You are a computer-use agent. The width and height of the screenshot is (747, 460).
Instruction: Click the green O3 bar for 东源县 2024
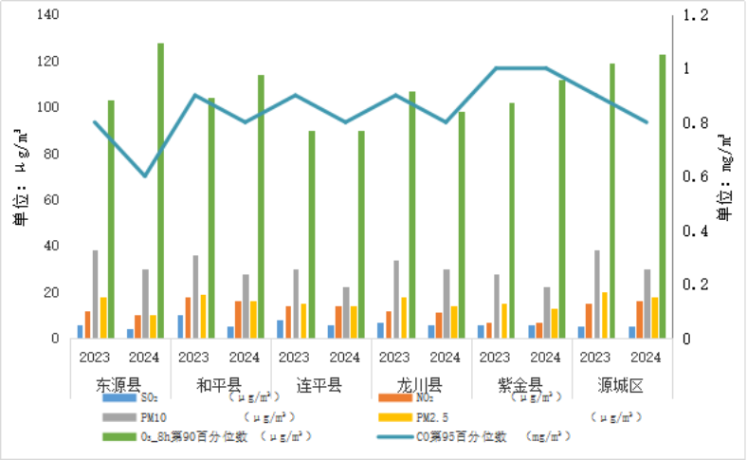(160, 190)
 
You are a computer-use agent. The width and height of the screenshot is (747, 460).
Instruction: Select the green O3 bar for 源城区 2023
(612, 200)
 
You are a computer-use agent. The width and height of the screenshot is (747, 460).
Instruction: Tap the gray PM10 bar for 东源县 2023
(95, 294)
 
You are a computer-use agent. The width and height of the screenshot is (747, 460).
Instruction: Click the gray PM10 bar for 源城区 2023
(596, 294)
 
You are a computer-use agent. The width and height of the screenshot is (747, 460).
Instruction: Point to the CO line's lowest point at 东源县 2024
(145, 176)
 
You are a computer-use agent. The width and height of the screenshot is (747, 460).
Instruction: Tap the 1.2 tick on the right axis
(689, 15)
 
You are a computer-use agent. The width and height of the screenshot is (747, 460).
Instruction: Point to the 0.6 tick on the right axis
(689, 177)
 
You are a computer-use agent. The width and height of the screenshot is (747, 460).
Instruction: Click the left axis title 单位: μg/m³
(20, 177)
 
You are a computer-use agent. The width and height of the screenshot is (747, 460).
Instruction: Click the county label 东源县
(118, 386)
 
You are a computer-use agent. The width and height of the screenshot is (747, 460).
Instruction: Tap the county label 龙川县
(420, 386)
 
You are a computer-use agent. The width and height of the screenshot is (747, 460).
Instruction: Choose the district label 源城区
(621, 386)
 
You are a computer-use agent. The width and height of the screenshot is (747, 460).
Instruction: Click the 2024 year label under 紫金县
(545, 358)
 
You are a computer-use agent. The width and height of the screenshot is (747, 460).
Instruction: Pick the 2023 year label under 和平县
(193, 358)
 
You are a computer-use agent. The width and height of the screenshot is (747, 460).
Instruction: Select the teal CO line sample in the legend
(393, 437)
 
